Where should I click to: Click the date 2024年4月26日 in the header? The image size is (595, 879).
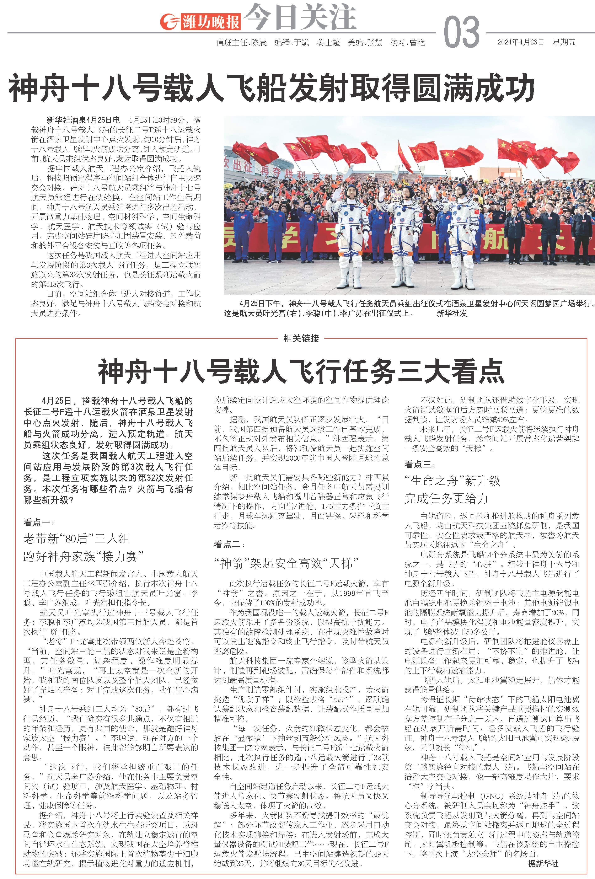point(520,42)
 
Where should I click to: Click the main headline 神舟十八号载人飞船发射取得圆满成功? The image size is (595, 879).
point(271,88)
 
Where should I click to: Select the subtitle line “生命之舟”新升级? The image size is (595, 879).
point(452,481)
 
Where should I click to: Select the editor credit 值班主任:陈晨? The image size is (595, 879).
point(241,42)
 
